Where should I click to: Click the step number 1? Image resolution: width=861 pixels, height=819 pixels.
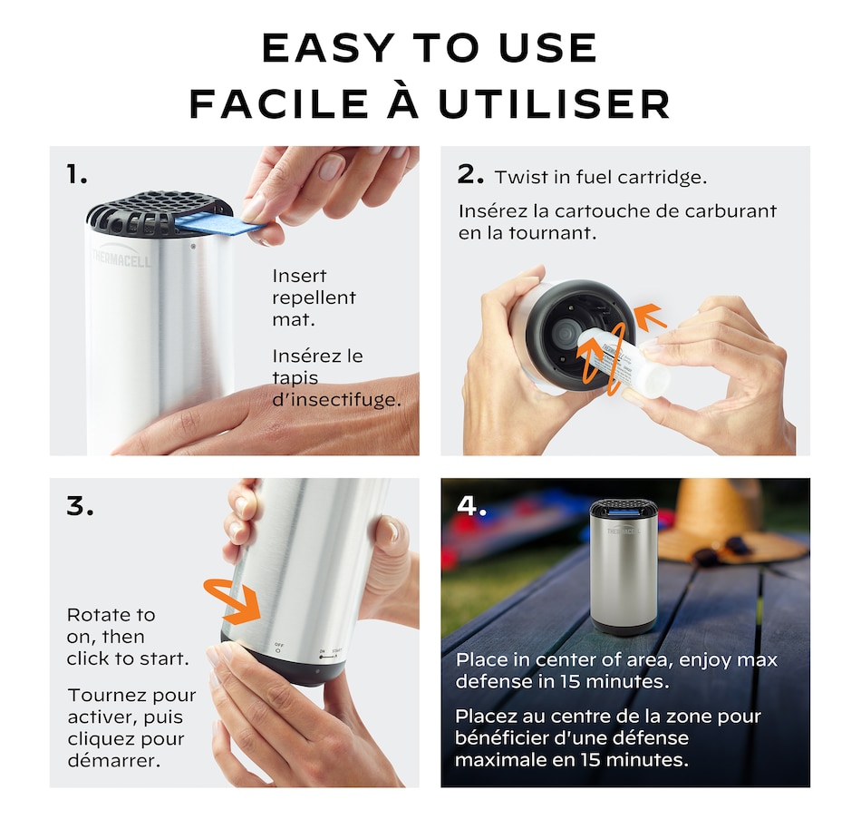point(76,174)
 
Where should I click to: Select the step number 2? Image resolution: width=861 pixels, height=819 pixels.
point(470,174)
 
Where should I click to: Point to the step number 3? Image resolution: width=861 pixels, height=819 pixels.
point(80,506)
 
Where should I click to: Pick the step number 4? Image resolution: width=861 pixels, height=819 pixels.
point(471,505)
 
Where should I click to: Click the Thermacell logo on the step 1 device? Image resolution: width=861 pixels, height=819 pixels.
point(121,257)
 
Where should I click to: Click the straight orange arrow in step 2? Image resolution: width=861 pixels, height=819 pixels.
point(650,318)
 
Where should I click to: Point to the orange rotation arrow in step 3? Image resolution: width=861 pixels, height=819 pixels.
point(232,600)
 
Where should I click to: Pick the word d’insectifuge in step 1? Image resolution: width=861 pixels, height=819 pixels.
point(336,400)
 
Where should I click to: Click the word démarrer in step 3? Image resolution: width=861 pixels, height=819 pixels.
point(114,761)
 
